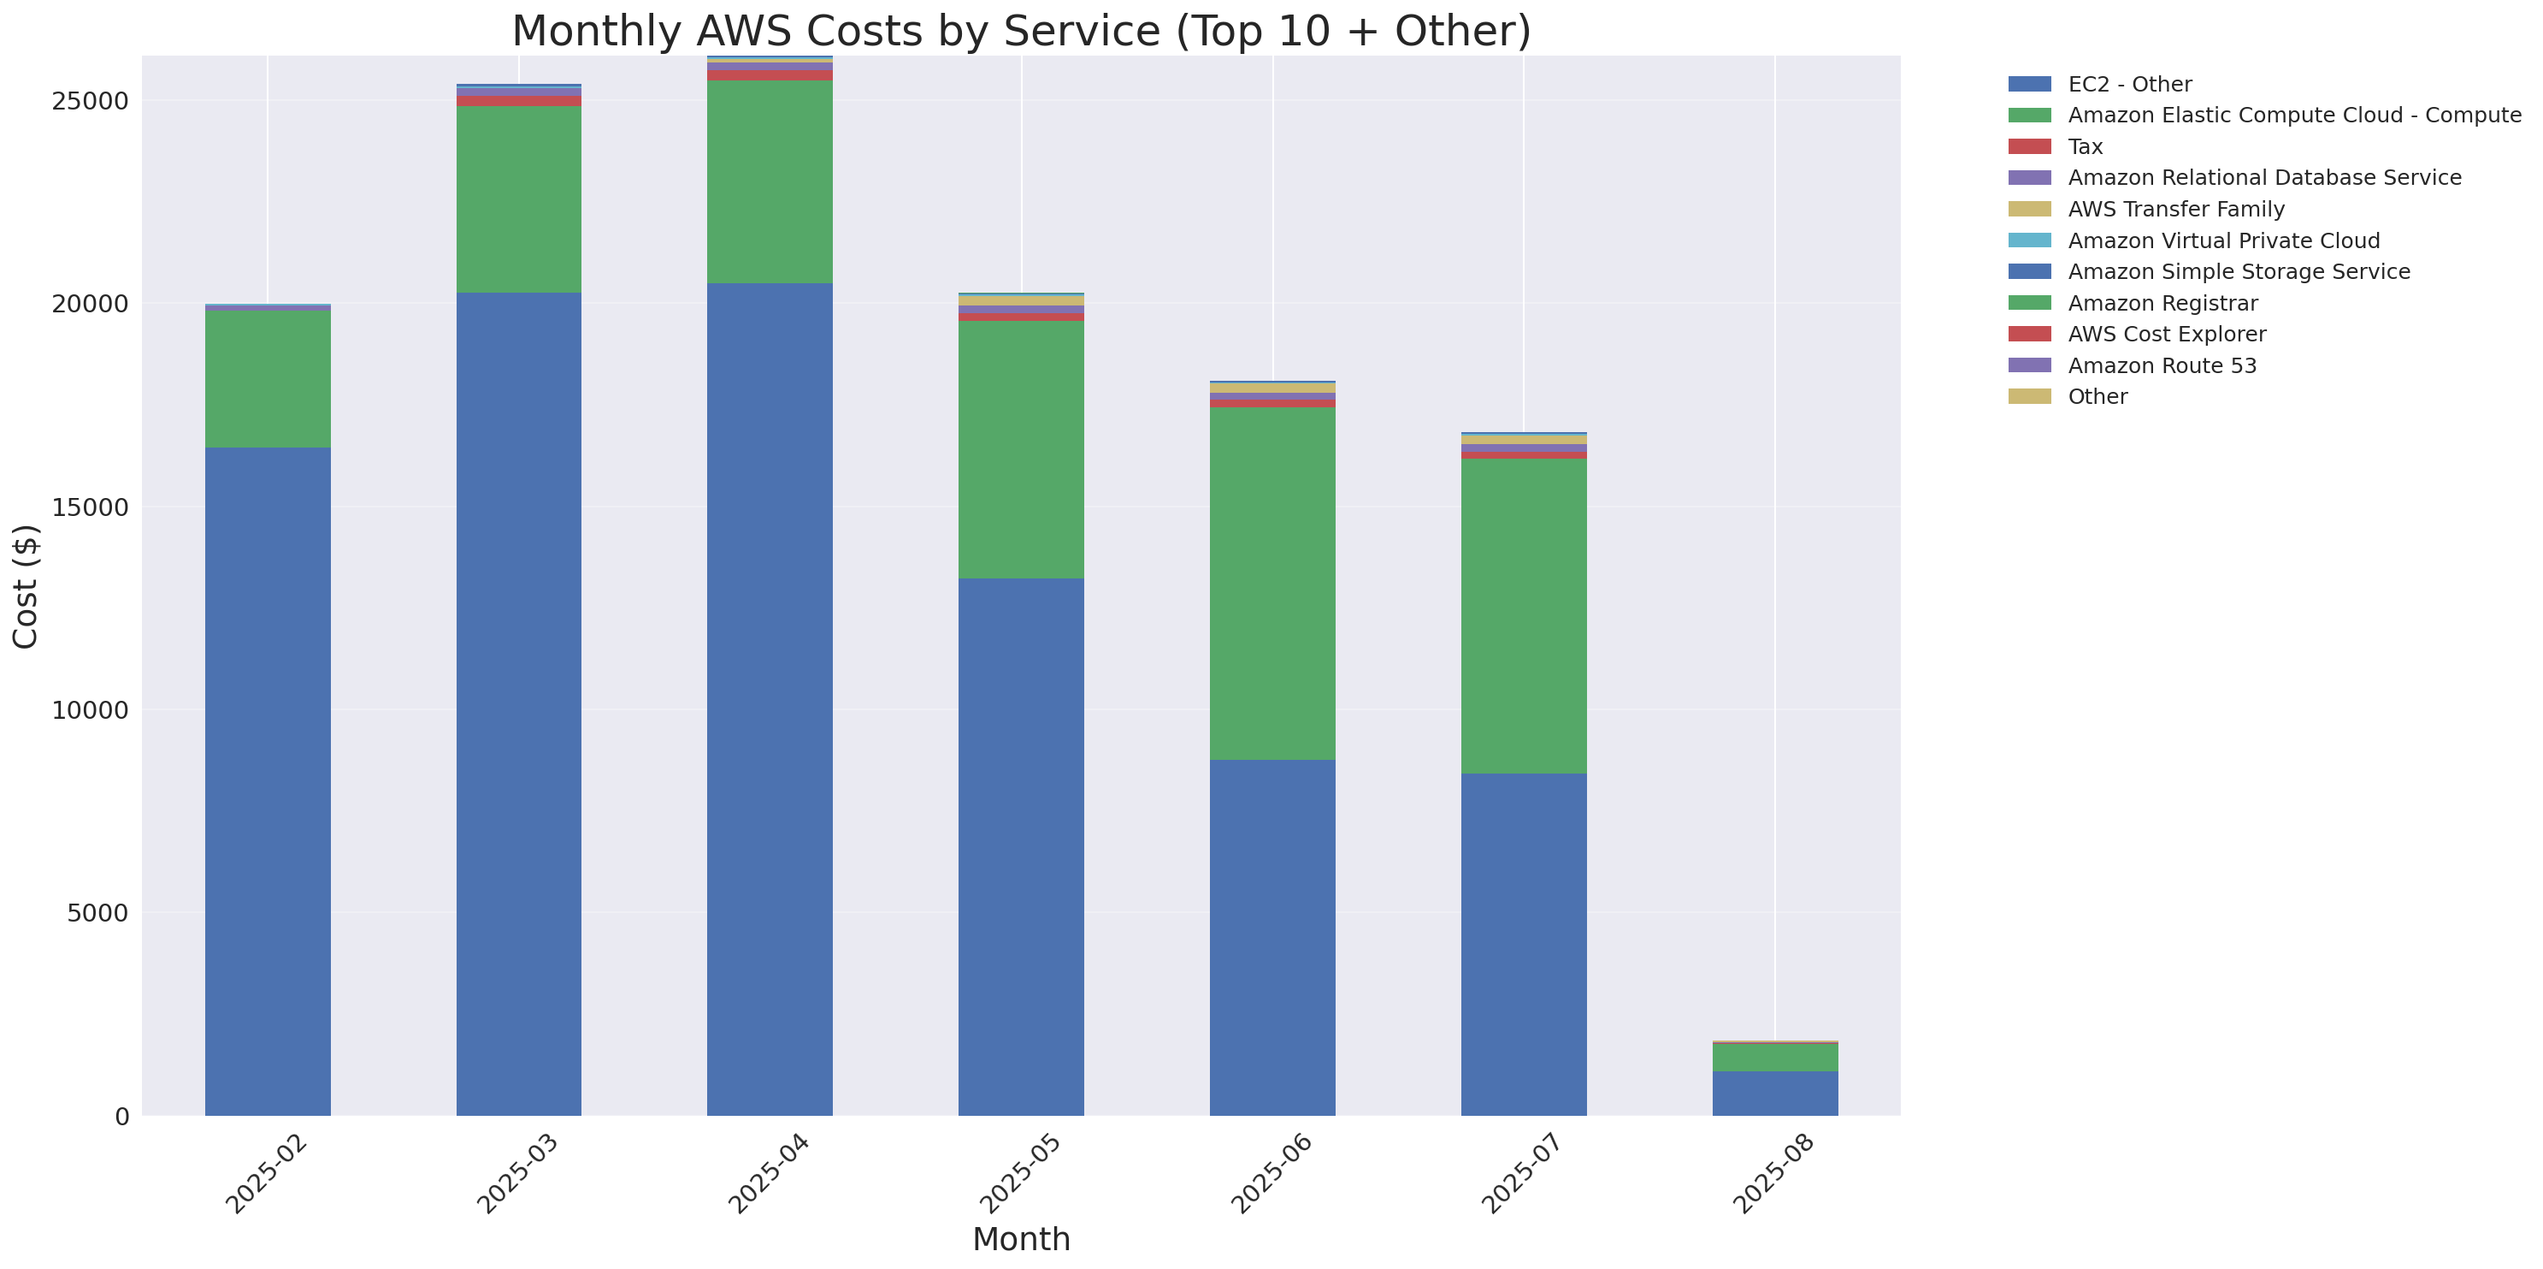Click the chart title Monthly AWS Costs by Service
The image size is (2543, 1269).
click(1021, 31)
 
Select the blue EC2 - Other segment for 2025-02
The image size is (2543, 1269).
click(268, 780)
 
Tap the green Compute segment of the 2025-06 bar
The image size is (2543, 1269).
click(1271, 583)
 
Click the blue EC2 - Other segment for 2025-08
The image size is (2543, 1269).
click(1774, 1094)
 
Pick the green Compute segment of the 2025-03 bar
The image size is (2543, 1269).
click(518, 199)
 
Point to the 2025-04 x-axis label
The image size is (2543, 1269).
click(768, 1174)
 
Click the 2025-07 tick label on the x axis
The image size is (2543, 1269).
click(1521, 1174)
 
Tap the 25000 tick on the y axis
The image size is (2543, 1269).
click(90, 101)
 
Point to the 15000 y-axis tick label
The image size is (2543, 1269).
click(90, 507)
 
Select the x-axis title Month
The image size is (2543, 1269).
click(1021, 1238)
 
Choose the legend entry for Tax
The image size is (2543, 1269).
click(2084, 146)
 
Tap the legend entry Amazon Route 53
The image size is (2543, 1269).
click(2161, 365)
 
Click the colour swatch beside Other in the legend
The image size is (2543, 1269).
click(2029, 397)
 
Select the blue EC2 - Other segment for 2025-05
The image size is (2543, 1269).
click(1021, 846)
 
